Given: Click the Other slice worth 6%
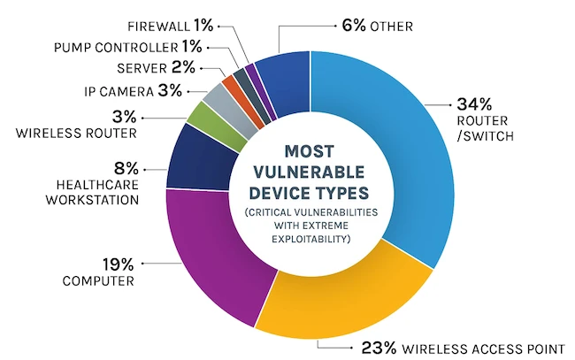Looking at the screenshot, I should [282, 70].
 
